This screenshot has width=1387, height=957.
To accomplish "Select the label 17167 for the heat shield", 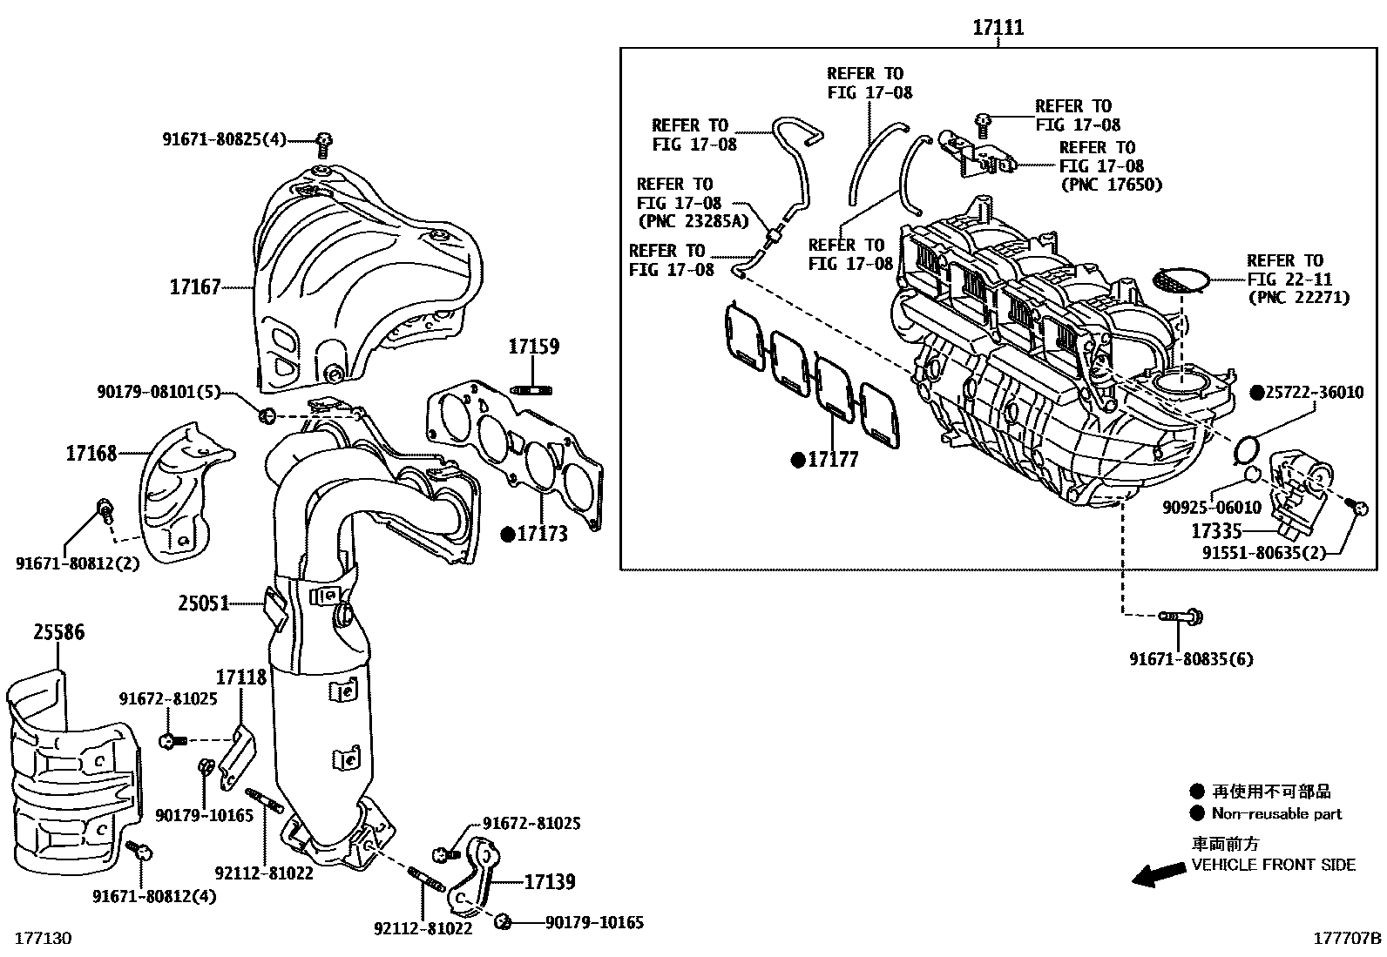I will [195, 286].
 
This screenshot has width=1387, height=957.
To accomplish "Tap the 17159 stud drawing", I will [534, 389].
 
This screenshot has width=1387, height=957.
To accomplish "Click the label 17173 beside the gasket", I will [542, 534].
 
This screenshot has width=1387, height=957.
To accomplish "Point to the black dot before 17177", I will [797, 460].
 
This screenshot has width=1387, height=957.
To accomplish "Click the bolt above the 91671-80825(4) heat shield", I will [324, 140].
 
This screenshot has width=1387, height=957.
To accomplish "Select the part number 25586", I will [59, 632].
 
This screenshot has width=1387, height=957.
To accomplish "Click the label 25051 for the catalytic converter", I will [203, 603].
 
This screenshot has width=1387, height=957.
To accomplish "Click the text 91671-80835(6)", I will [1191, 659].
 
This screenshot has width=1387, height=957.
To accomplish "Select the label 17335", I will [1216, 530].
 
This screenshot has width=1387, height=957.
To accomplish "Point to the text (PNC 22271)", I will [1298, 298].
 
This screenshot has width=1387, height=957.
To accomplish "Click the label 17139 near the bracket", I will [549, 882].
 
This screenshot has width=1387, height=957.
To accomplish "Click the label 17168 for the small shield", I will [91, 453].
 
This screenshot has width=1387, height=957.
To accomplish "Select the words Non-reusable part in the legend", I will [1276, 814].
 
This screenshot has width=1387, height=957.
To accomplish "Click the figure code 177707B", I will [1347, 938].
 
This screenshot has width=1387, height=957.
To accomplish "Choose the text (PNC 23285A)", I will [693, 222].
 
